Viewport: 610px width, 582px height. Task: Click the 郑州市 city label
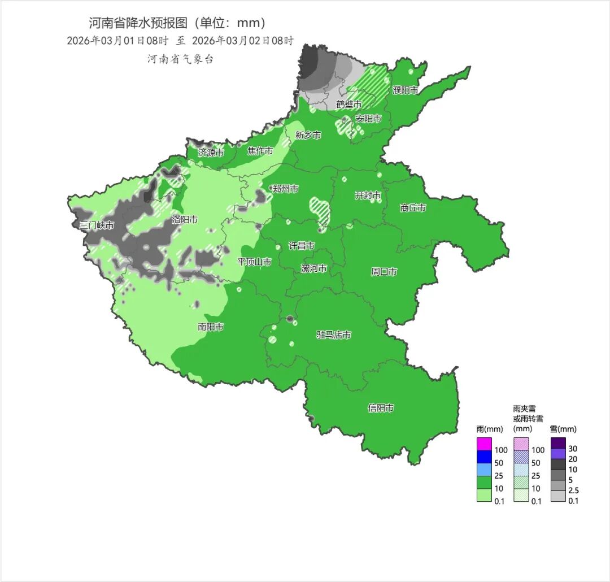[285, 189]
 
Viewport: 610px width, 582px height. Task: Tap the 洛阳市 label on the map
[185, 219]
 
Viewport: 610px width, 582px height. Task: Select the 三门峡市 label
[97, 225]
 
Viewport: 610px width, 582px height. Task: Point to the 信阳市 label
[381, 408]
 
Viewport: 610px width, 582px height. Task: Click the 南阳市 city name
[210, 327]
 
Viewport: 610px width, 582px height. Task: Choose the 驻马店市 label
[334, 335]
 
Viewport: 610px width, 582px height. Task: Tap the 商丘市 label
[413, 207]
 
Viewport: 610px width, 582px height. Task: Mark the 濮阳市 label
[406, 90]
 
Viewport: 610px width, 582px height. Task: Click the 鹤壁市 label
[348, 104]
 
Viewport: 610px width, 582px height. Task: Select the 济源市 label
[211, 153]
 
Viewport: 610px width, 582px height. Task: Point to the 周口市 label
[384, 272]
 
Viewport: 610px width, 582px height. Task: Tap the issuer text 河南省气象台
[181, 59]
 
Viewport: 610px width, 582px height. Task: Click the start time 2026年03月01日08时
[117, 41]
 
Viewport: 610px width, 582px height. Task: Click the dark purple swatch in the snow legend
[558, 442]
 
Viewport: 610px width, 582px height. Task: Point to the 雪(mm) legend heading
[563, 429]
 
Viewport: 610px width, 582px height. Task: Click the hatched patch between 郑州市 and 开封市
[321, 209]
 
